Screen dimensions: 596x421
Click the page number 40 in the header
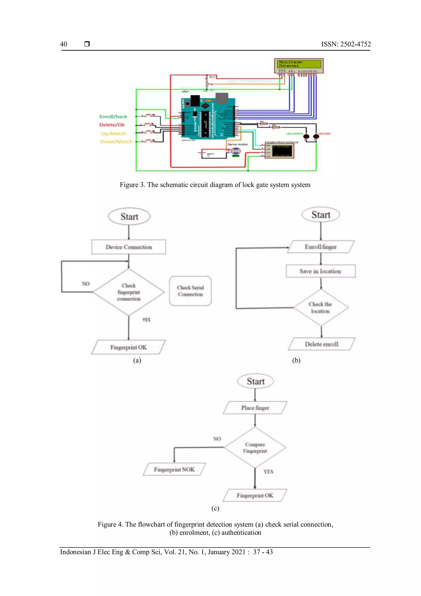64,44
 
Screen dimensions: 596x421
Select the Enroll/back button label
113,116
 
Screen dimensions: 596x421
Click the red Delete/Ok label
112,125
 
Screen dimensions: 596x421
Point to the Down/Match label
116,141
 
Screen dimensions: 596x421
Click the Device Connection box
128,247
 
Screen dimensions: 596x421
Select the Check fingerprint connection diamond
128,292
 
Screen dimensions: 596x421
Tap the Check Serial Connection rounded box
190,291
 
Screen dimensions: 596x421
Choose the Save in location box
320,271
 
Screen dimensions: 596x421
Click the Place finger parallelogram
255,408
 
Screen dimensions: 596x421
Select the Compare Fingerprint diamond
255,448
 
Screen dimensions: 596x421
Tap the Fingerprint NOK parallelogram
174,469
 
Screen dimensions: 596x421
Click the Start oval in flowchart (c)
256,381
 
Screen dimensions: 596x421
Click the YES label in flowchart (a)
146,320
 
